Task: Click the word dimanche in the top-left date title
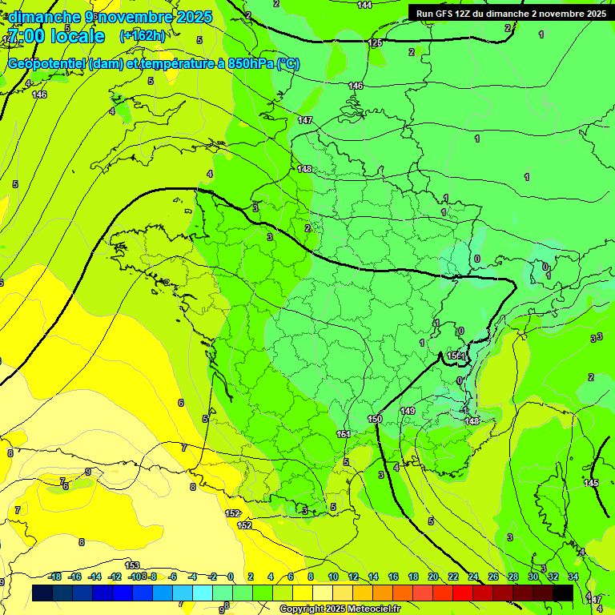coord(45,17)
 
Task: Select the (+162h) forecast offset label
coord(142,36)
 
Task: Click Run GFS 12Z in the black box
coord(449,13)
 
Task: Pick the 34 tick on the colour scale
coord(573,577)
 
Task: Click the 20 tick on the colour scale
coord(433,577)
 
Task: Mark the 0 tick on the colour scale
coord(230,577)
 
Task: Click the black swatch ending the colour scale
coord(563,593)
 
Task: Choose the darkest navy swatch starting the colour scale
coord(42,593)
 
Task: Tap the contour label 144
coord(364,5)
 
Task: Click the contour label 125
coord(375,42)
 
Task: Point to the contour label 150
coord(375,419)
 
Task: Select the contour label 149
coord(408,411)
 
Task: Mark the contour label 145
coord(591,483)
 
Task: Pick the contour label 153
coord(132,565)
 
